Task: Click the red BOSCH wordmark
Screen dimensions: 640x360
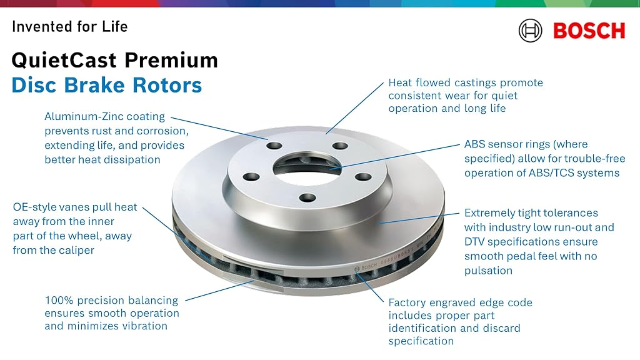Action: pyautogui.click(x=589, y=31)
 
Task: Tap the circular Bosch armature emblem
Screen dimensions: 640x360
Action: pyautogui.click(x=530, y=31)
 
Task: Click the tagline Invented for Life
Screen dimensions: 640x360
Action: pyautogui.click(x=70, y=26)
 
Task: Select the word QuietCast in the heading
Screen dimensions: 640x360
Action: pyautogui.click(x=64, y=61)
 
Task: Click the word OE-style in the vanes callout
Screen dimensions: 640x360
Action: pyautogui.click(x=35, y=207)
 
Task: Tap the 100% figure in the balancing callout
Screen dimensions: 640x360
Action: pyautogui.click(x=59, y=301)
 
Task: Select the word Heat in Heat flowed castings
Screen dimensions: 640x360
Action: pyautogui.click(x=400, y=83)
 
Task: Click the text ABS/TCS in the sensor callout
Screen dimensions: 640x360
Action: pyautogui.click(x=549, y=173)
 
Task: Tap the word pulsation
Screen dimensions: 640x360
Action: pyautogui.click(x=488, y=271)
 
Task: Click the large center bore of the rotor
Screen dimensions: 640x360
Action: pyautogui.click(x=307, y=167)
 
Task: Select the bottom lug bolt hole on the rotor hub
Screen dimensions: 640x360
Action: pyautogui.click(x=307, y=198)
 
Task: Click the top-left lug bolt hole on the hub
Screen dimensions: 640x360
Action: pyautogui.click(x=274, y=146)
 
